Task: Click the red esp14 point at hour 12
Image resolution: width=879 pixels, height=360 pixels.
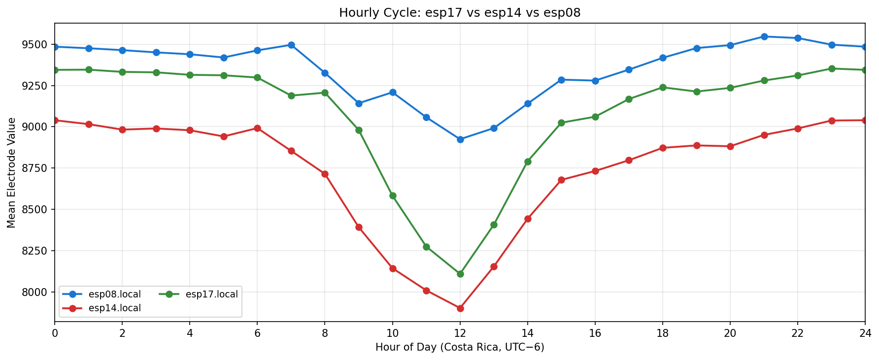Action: [x=460, y=308]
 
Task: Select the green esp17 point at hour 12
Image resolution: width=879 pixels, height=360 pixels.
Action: [x=460, y=274]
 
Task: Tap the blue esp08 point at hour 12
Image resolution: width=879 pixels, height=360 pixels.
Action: [x=460, y=139]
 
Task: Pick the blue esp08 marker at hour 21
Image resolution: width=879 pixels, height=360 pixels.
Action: [x=764, y=36]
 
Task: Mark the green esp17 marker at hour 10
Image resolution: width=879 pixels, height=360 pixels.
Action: [x=393, y=196]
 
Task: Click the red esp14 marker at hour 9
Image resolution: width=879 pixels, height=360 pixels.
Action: [x=359, y=227]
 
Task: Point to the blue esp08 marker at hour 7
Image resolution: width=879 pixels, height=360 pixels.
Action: [x=291, y=45]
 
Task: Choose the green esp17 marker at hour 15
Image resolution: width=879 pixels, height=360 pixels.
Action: [x=561, y=123]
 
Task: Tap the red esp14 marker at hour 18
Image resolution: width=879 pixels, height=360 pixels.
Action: [x=663, y=148]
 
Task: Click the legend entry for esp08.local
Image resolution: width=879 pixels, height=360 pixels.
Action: [x=114, y=295]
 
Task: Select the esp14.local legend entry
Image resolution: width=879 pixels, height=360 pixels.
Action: [x=114, y=308]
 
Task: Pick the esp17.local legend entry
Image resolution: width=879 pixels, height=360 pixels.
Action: [x=211, y=295]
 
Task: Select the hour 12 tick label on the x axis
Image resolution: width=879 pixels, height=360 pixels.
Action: [x=460, y=333]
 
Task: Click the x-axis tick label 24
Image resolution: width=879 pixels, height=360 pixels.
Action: [x=865, y=333]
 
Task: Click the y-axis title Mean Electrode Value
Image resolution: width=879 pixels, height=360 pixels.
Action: [x=11, y=173]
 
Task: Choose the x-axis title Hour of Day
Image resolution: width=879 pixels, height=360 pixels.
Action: [x=460, y=347]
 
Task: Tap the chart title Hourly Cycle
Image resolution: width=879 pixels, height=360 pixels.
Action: [x=460, y=13]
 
